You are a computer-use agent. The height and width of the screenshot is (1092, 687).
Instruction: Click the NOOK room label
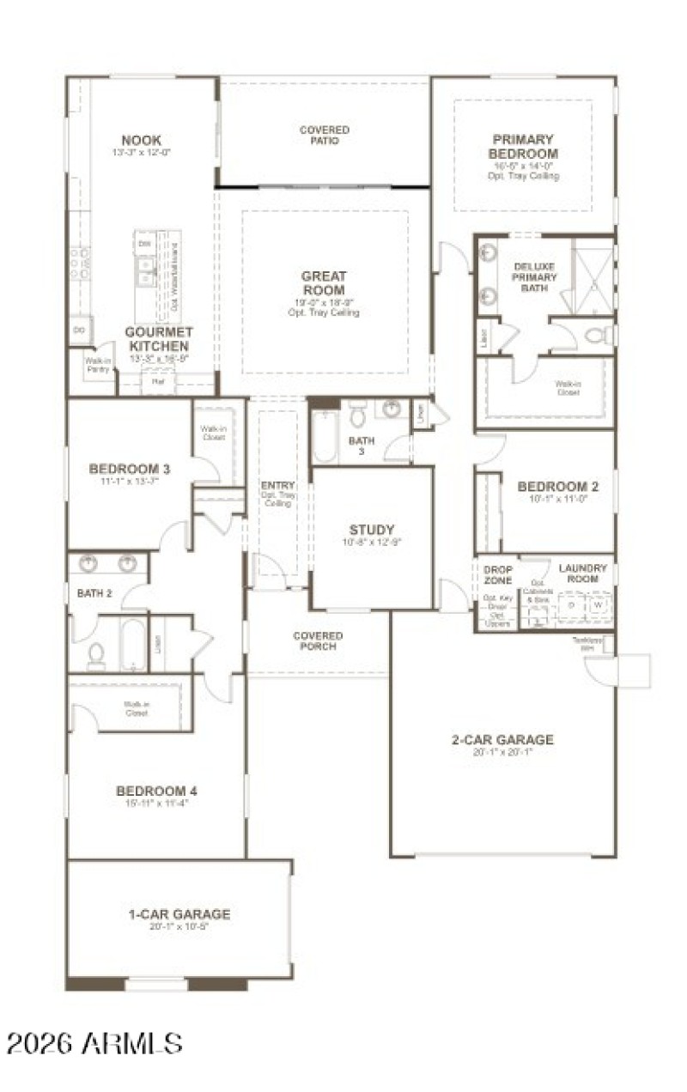point(142,140)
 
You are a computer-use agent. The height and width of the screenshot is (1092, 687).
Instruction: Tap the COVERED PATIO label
point(324,135)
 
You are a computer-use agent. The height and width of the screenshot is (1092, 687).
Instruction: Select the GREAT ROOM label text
point(324,283)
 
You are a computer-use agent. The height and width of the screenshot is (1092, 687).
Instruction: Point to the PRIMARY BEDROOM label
point(522,146)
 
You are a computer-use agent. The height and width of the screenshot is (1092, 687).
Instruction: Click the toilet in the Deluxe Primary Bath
point(600,334)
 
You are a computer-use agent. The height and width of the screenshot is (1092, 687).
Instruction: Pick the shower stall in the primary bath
point(593,275)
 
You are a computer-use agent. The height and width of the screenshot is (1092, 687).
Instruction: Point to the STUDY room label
point(371,529)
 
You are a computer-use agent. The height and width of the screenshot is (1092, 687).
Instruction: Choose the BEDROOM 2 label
point(557,487)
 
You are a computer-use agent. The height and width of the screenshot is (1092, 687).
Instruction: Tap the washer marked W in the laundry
point(597,606)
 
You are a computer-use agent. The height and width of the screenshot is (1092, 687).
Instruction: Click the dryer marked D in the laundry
point(570,606)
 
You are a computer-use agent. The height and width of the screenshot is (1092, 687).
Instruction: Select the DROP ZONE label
point(497,575)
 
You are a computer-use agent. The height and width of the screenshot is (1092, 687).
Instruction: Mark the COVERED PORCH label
point(318,641)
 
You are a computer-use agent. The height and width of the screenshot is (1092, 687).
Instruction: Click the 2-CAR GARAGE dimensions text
point(502,753)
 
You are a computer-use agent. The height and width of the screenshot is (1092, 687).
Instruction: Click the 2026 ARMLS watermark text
point(94,1043)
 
